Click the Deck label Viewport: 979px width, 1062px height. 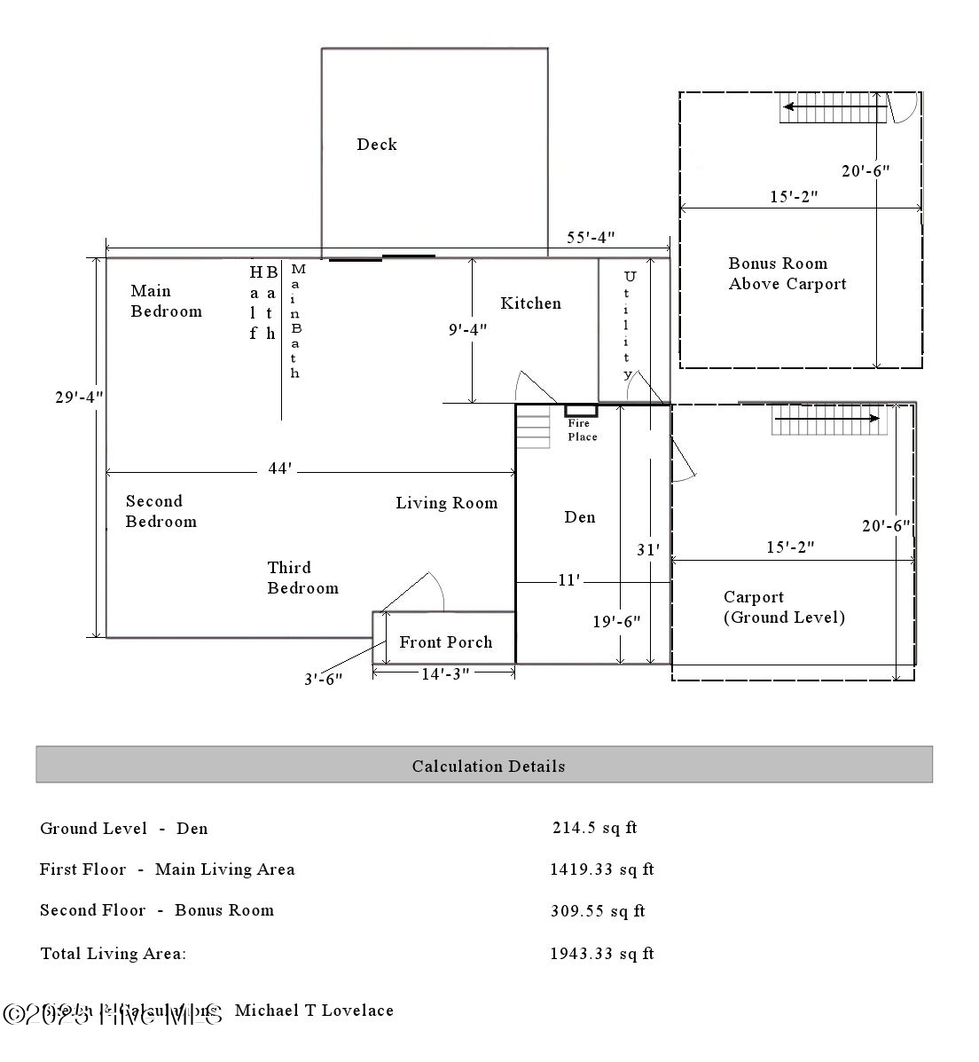(377, 145)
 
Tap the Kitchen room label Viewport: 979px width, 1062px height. (530, 303)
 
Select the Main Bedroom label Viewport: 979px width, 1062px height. (166, 301)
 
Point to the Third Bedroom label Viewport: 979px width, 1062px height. (302, 578)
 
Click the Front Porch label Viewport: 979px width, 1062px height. (445, 642)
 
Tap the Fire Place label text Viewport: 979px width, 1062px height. (582, 430)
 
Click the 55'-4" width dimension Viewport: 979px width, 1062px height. (591, 238)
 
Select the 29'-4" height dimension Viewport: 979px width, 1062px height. (79, 397)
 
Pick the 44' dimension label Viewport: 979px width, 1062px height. (279, 468)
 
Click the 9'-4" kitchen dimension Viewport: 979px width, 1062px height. (467, 330)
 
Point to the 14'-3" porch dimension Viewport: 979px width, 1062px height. (444, 674)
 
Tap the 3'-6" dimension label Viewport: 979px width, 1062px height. (323, 679)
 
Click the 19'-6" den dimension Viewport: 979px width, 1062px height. (616, 622)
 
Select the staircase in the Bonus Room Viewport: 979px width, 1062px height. (833, 111)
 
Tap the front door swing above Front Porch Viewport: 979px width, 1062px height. (417, 592)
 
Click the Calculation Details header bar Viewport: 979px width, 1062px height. (484, 765)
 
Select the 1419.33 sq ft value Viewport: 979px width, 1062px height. (601, 869)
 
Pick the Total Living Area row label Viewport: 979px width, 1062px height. (114, 954)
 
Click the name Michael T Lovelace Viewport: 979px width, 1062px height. (314, 1011)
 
